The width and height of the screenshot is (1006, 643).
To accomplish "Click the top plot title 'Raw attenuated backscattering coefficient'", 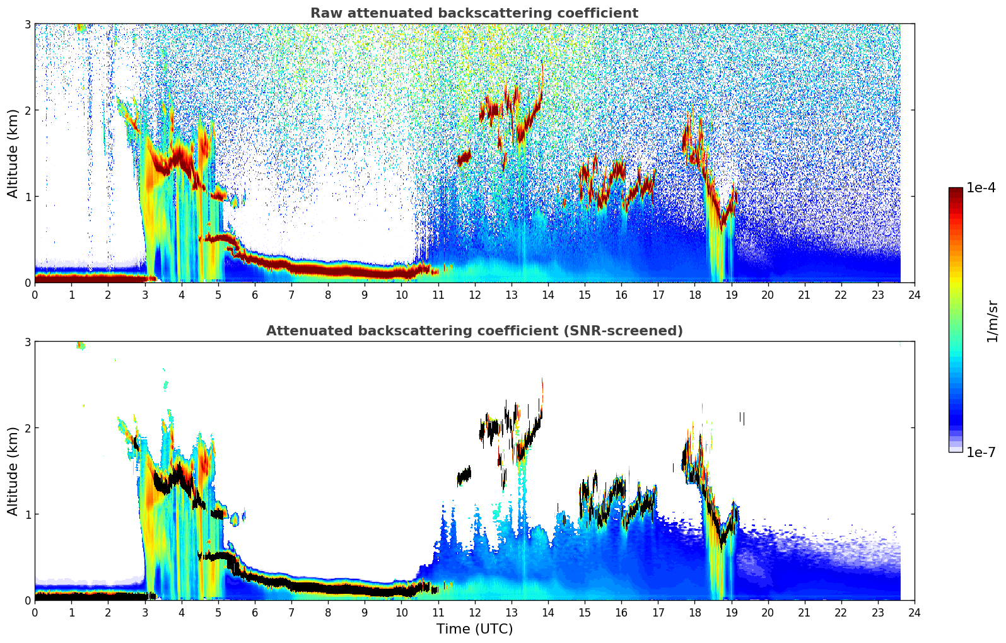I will click(x=474, y=13).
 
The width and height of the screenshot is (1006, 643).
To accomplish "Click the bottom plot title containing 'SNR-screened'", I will click(x=474, y=331).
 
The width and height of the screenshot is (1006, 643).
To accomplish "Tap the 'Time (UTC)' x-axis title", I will click(x=474, y=629).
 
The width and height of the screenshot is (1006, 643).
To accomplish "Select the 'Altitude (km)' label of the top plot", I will click(x=13, y=153).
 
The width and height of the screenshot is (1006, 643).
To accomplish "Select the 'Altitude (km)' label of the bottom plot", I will click(x=13, y=471).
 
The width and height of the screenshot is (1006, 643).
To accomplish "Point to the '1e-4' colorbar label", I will click(x=981, y=188).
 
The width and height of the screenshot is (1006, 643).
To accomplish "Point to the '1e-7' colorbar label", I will click(x=981, y=452).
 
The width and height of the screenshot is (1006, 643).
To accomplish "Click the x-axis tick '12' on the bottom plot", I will click(x=474, y=613).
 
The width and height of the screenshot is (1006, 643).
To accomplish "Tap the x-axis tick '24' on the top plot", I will click(x=914, y=295).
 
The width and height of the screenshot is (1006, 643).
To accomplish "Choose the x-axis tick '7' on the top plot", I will click(x=291, y=295).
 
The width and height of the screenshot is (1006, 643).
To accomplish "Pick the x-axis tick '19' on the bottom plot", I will click(x=731, y=613).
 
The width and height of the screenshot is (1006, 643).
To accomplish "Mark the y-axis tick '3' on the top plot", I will click(x=28, y=24).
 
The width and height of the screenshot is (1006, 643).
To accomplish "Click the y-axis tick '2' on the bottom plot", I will click(x=28, y=428).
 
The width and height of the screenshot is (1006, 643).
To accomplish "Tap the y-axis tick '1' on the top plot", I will click(x=28, y=197).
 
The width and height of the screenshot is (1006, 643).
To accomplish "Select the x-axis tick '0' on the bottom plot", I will click(x=35, y=613).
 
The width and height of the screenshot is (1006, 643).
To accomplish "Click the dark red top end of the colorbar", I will click(x=955, y=190).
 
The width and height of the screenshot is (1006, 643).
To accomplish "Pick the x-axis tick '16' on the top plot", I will click(x=621, y=295).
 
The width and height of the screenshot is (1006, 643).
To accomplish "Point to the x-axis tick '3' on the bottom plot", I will click(x=145, y=613).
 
